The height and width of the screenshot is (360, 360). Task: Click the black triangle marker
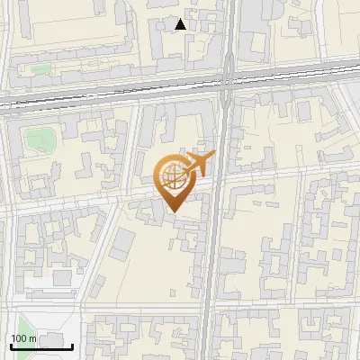182,24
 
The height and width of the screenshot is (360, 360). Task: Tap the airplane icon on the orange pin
197,165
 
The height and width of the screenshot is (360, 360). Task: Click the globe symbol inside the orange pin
172,179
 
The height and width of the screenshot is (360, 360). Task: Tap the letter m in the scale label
33,338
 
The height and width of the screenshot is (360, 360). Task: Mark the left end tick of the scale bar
11,346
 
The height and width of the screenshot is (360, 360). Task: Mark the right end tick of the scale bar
73,346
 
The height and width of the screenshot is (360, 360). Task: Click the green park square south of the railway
37,139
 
